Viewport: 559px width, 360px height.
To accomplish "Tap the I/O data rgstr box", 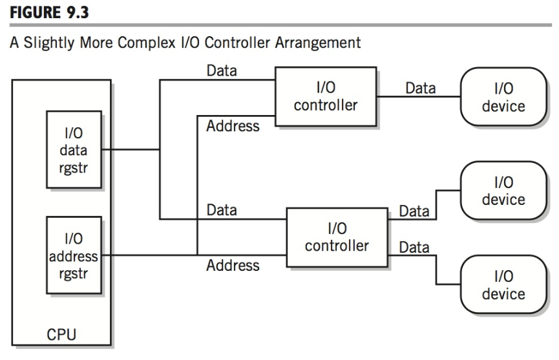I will pyautogui.click(x=74, y=149).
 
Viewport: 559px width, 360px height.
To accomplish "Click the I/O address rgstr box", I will pyautogui.click(x=74, y=256).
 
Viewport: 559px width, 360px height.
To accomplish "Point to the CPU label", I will pyautogui.click(x=61, y=336).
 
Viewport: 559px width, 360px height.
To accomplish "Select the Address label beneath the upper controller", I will pyautogui.click(x=233, y=126).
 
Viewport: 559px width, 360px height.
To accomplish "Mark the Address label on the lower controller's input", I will pyautogui.click(x=233, y=265).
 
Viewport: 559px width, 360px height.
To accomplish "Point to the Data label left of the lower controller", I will pyautogui.click(x=222, y=210).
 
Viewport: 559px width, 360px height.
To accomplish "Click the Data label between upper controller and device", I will pyautogui.click(x=420, y=87).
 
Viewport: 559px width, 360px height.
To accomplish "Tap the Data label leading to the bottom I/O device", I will pyautogui.click(x=414, y=247).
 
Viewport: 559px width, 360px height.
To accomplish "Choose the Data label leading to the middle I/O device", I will pyautogui.click(x=414, y=211).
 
